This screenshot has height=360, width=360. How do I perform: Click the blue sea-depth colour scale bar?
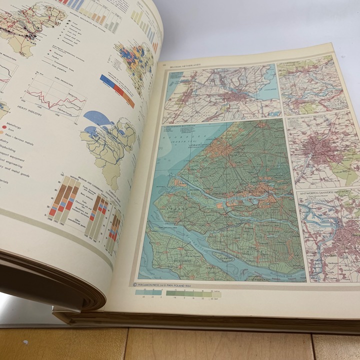point(148,292)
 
